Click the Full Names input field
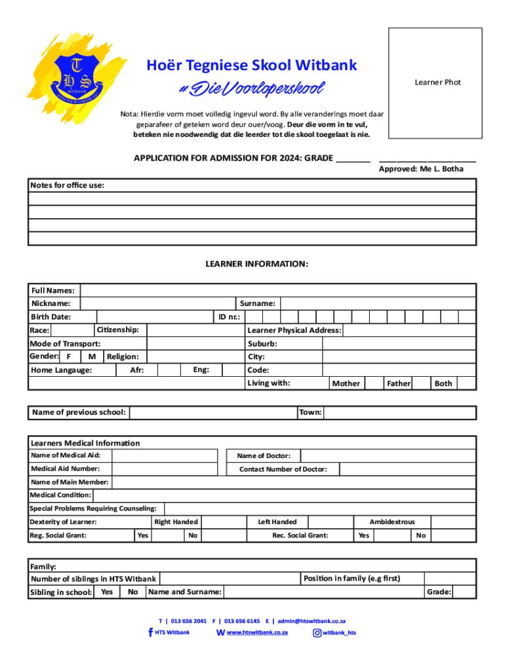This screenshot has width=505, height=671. point(277,290)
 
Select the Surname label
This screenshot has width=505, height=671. point(257,303)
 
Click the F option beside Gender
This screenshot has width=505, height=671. point(70,356)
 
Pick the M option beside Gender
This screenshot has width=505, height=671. point(92,356)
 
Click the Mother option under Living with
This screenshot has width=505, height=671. point(346,383)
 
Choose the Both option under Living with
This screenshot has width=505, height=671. point(443,383)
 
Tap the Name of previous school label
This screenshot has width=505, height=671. point(78,412)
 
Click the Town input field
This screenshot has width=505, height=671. point(399,413)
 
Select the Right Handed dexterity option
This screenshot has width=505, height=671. point(176,522)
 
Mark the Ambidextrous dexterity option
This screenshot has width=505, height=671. point(392,522)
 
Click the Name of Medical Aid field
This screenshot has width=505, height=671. point(164,456)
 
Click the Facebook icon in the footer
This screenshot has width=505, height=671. point(150,632)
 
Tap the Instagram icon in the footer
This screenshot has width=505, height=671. point(317,633)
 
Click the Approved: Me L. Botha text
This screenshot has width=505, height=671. point(421,169)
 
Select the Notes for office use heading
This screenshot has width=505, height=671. point(67,185)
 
